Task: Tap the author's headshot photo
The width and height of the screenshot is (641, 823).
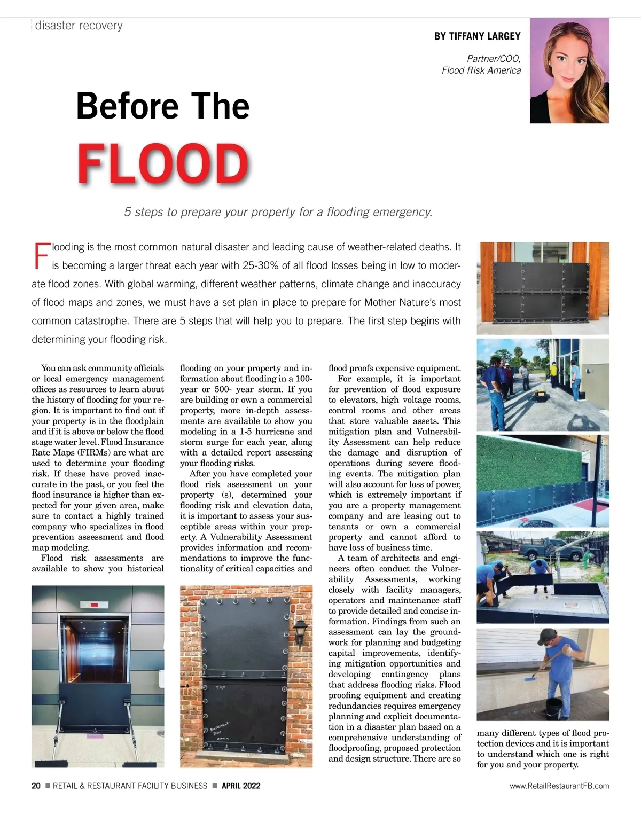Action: (x=569, y=71)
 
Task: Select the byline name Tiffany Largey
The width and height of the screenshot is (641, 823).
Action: (x=477, y=36)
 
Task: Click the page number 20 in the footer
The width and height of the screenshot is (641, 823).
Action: (x=36, y=786)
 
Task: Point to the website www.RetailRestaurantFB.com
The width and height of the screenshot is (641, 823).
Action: (x=559, y=786)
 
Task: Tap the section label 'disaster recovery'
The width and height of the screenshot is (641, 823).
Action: (x=79, y=26)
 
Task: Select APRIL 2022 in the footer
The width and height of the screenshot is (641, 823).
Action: (x=241, y=786)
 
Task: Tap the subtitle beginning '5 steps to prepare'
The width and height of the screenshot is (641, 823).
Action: (x=278, y=212)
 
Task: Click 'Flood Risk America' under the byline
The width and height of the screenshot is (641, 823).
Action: (x=481, y=70)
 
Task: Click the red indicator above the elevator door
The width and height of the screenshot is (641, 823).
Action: (x=94, y=605)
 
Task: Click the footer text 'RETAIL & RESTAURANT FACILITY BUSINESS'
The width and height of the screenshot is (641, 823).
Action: (x=130, y=786)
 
